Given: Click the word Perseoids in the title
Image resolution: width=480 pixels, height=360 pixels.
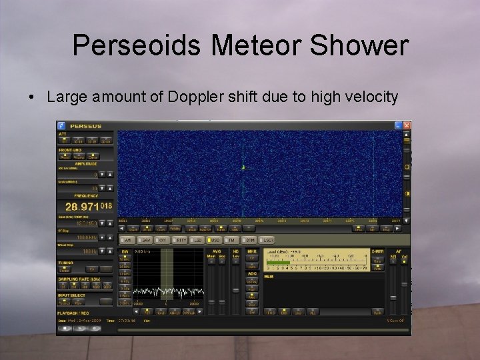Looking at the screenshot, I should (x=136, y=46).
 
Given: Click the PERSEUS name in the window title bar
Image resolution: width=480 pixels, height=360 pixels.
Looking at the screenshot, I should (x=85, y=125).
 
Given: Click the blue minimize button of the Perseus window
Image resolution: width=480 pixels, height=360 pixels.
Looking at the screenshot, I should (x=397, y=125).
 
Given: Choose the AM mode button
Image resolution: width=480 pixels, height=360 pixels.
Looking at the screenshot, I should (x=126, y=239).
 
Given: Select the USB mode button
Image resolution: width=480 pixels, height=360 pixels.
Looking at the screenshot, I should (x=215, y=239).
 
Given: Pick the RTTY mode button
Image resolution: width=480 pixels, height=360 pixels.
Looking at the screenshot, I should (x=179, y=239).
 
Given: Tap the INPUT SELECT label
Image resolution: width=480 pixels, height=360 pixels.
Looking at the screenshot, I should (x=71, y=294).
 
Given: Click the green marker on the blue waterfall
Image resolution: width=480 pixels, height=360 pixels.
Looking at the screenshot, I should (x=243, y=167).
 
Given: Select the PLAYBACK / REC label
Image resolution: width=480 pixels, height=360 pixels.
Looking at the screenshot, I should (x=73, y=312).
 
